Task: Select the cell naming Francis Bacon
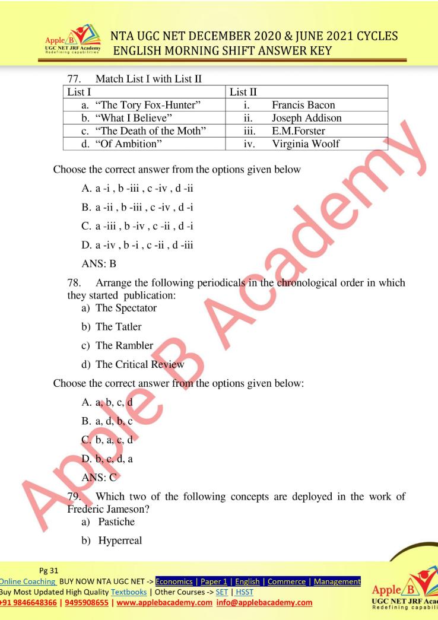click(x=303, y=105)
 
